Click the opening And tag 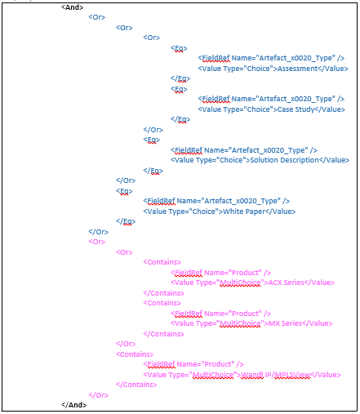tap(72, 7)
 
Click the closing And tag tap(73, 405)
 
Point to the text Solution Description tap(284, 160)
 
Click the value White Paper tap(244, 211)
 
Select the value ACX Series tap(286, 283)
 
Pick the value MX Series tap(285, 323)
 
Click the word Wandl tap(252, 375)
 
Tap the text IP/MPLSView tap(287, 375)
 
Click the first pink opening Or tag tap(97, 242)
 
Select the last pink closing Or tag tap(99, 395)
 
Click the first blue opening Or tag tap(97, 17)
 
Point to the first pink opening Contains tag tap(162, 262)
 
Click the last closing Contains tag tap(136, 385)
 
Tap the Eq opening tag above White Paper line tap(124, 191)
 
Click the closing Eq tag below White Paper tap(126, 221)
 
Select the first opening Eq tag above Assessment tap(179, 48)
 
